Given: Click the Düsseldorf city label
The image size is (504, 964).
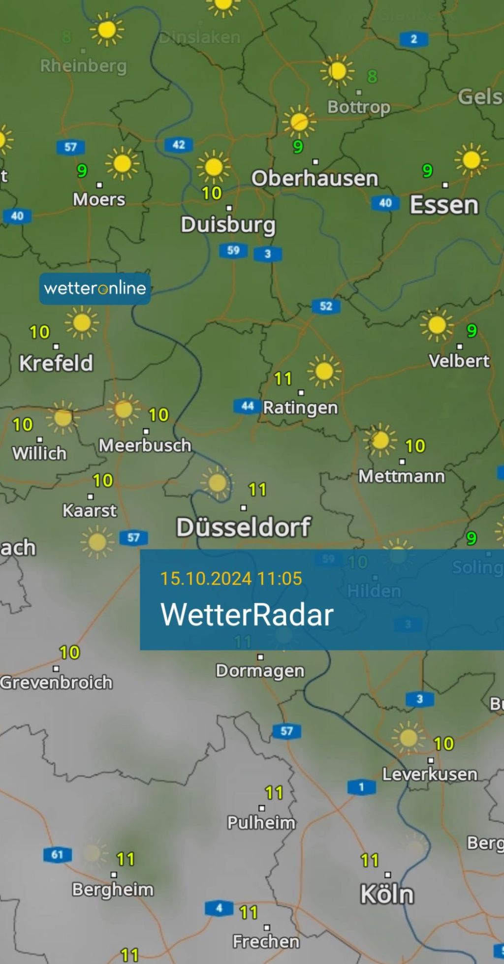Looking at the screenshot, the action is click(x=243, y=527).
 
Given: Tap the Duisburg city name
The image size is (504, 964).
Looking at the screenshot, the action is click(x=228, y=224).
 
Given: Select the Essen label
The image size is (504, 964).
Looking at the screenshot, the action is click(x=444, y=205).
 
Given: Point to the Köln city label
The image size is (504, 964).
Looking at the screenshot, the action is click(x=387, y=894).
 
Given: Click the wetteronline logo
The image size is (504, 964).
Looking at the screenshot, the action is click(x=95, y=288).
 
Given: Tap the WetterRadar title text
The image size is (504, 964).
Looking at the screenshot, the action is click(x=247, y=615).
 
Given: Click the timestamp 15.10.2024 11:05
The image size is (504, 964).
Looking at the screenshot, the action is click(x=231, y=578).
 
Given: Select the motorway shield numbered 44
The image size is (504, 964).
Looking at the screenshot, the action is click(x=247, y=406).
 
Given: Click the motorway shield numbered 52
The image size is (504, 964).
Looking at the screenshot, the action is click(x=326, y=306).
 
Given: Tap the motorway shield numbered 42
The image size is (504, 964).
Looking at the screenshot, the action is click(x=179, y=145).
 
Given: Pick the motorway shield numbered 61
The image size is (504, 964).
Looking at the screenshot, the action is click(x=57, y=854).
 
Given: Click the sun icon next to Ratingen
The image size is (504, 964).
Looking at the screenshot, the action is click(x=324, y=371).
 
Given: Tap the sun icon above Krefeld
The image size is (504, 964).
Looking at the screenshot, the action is click(x=82, y=323).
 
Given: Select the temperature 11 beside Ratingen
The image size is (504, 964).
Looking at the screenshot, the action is click(x=283, y=379).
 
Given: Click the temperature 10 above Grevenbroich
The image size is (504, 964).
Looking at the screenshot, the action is click(x=69, y=653).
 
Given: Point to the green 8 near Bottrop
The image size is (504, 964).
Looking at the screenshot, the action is click(x=372, y=76).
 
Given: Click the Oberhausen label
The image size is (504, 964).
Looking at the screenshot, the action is click(x=315, y=178).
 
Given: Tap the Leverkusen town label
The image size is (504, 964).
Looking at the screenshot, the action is click(x=430, y=775).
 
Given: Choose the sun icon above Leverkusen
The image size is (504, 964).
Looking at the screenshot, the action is click(x=408, y=738).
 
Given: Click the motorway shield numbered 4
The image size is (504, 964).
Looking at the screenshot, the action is click(x=219, y=908).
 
